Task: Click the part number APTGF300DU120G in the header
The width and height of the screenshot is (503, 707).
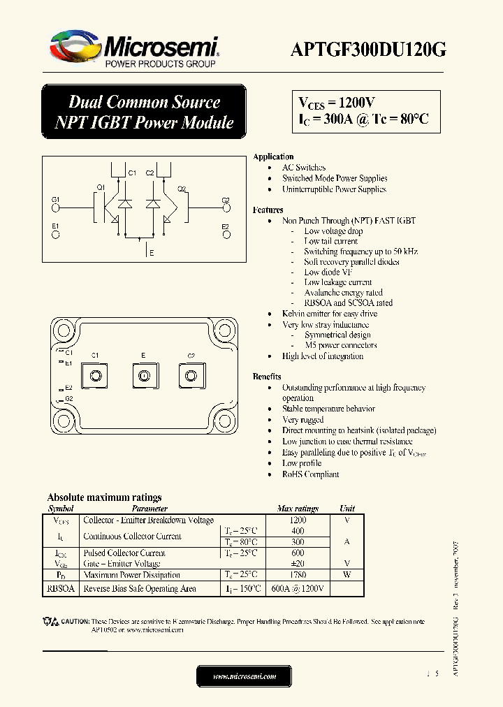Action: point(368,50)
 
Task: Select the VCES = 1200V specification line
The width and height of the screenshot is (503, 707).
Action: point(337,102)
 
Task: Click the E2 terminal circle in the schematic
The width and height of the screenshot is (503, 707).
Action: point(225,235)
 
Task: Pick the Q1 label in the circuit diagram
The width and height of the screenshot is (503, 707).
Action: point(101,188)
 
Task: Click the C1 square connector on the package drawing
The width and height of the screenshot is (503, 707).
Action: point(96,377)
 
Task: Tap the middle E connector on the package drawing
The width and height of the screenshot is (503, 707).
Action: point(143,377)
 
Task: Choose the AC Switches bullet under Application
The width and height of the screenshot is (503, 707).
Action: point(304,168)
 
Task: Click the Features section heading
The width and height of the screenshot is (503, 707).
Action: point(268,210)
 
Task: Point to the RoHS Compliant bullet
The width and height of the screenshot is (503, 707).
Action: point(310,474)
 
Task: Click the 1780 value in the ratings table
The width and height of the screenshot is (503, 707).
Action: point(298,575)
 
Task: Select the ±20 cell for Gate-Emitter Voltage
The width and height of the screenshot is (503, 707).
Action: point(298,564)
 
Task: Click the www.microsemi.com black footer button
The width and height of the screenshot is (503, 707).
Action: point(244,676)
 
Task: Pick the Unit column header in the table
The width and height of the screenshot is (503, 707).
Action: point(347,509)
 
